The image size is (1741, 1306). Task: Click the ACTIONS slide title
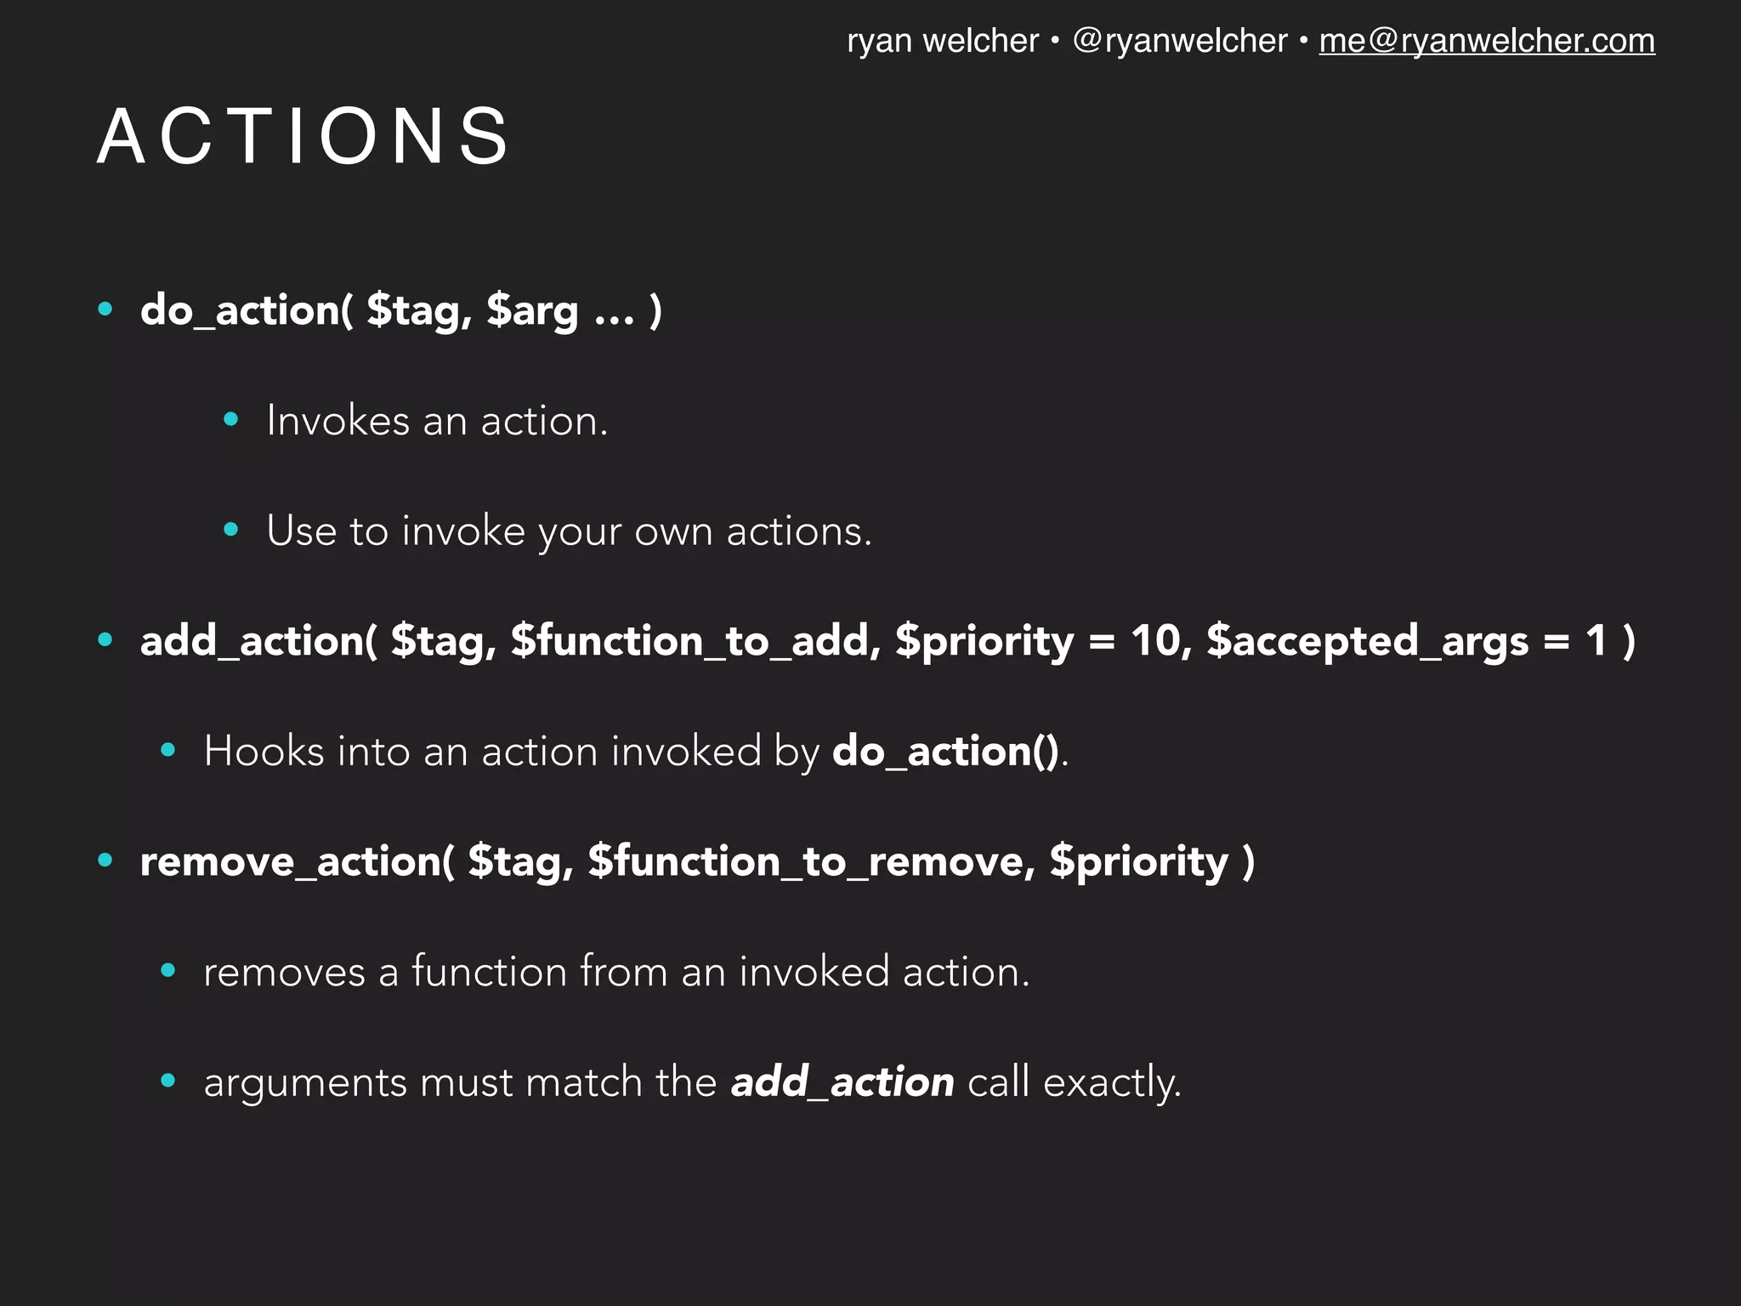pyautogui.click(x=303, y=136)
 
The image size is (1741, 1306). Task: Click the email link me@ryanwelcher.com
pyautogui.click(x=1486, y=41)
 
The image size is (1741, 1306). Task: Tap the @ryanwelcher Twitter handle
pyautogui.click(x=1179, y=41)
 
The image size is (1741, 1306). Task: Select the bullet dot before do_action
pyautogui.click(x=105, y=309)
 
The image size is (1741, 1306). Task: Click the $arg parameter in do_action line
pyautogui.click(x=532, y=311)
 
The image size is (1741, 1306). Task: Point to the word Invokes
pyautogui.click(x=338, y=421)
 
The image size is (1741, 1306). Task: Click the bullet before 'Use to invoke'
pyautogui.click(x=230, y=530)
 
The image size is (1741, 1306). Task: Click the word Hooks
pyautogui.click(x=264, y=752)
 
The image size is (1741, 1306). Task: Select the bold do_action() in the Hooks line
pyautogui.click(x=945, y=752)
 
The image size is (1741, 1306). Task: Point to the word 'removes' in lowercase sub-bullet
pyautogui.click(x=284, y=973)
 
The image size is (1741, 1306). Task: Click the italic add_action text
pyautogui.click(x=842, y=1082)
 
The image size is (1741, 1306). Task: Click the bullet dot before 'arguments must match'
pyautogui.click(x=168, y=1081)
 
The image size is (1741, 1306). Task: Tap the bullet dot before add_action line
pyautogui.click(x=105, y=640)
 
